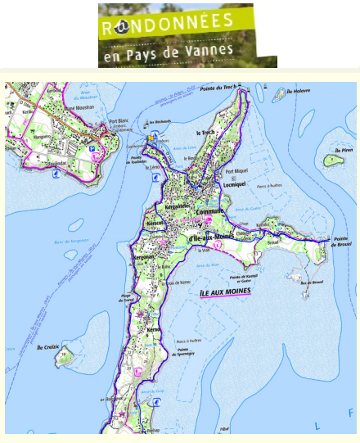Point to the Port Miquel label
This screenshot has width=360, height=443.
(236, 172)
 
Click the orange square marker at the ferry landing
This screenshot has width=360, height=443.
(151, 138)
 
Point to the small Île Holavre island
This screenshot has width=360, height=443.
(280, 95)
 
